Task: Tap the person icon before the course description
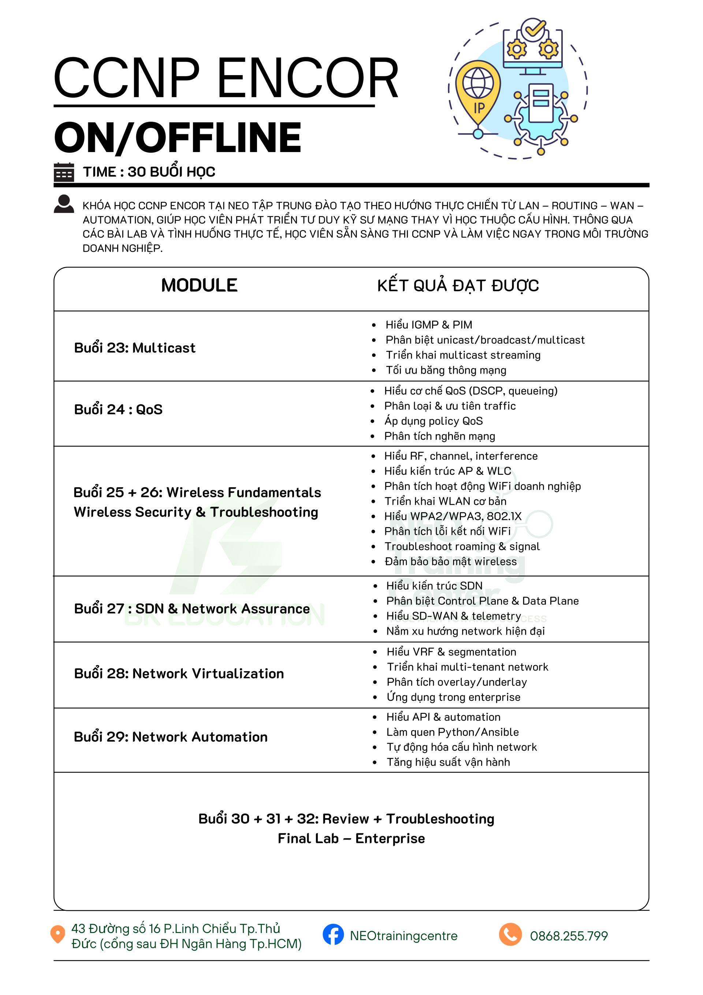[64, 204]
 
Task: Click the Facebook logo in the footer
[333, 935]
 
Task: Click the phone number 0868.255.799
[568, 936]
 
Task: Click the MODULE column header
[199, 285]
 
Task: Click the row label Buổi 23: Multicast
[135, 348]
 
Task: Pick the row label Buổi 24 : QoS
[118, 409]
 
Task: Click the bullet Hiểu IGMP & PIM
[428, 325]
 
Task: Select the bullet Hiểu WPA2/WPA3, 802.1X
[453, 516]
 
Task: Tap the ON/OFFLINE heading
[178, 137]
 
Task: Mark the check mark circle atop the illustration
[533, 29]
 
